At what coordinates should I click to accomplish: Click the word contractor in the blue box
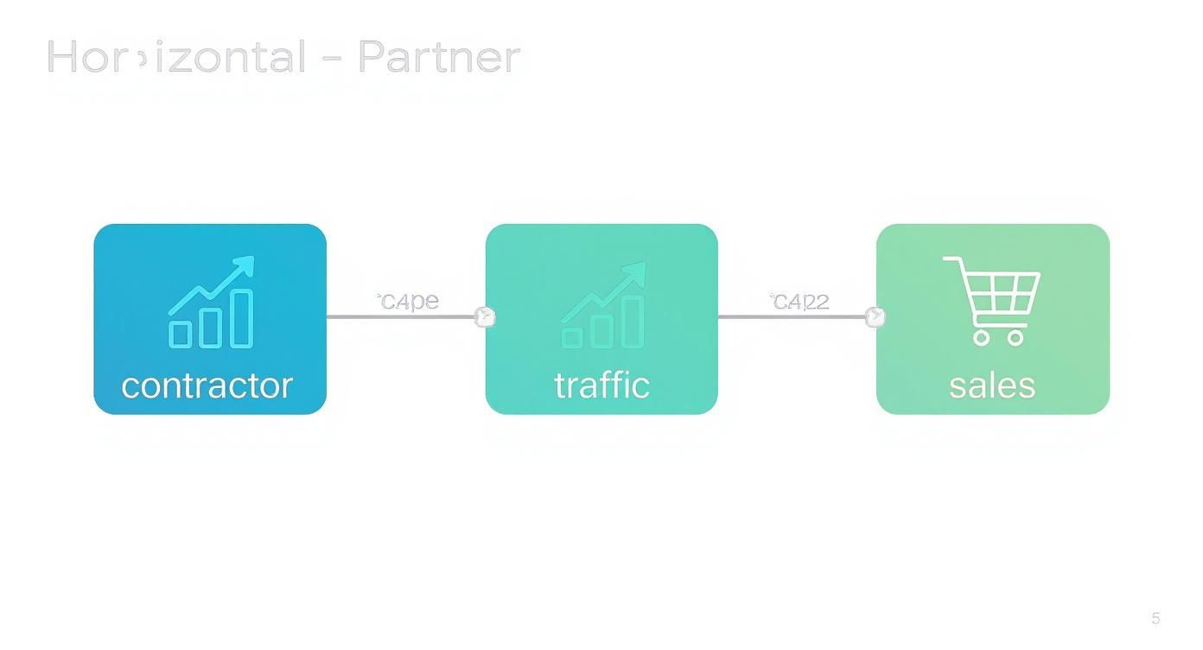coord(207,386)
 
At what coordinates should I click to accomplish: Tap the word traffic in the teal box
coord(601,386)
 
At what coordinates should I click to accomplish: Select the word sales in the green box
coord(992,386)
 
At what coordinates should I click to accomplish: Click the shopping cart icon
coord(994,299)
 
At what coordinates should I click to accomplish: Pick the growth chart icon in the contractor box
coord(212,303)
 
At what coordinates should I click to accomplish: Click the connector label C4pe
coord(409,301)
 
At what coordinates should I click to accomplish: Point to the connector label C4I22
coord(800,301)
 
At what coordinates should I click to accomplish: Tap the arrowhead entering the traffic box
coord(486,317)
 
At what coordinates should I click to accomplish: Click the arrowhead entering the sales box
coord(875,317)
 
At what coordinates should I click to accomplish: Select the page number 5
coord(1155,618)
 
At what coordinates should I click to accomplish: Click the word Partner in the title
coord(438,57)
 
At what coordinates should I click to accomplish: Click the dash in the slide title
coord(332,59)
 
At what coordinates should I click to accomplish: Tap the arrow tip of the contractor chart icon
coord(247,264)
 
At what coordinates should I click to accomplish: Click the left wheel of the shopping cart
coord(982,337)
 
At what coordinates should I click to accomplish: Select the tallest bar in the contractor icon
coord(242,318)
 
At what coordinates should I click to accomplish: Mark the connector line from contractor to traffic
coord(401,317)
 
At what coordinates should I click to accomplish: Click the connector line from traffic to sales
coord(792,317)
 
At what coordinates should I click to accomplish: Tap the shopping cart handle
coord(951,259)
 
